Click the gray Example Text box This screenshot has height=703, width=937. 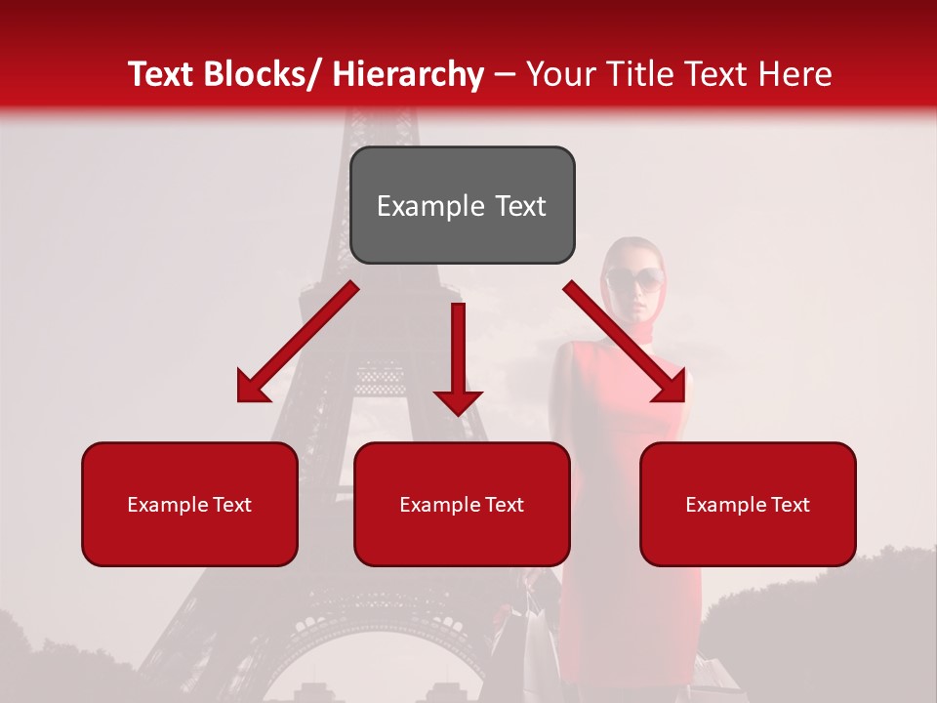(462, 205)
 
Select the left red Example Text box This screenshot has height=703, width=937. (189, 504)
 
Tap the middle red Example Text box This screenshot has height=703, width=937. (462, 504)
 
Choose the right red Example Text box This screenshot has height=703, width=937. (748, 504)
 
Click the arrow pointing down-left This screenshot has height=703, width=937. (297, 343)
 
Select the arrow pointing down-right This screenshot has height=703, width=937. (625, 343)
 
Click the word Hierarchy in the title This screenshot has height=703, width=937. (408, 74)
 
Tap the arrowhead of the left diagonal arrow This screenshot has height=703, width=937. (253, 388)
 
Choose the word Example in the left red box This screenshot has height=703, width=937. (167, 504)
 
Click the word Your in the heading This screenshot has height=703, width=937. (558, 74)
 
